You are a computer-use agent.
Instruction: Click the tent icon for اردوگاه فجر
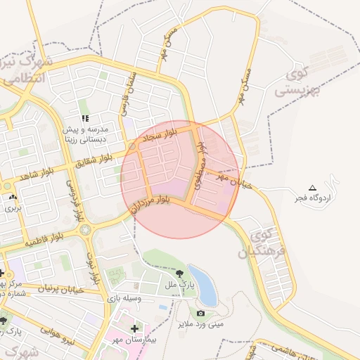[x=312, y=187]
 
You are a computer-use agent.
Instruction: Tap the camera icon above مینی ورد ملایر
[x=201, y=313]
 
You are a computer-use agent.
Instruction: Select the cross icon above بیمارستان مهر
[x=134, y=328]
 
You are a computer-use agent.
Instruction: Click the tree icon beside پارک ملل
[x=181, y=274]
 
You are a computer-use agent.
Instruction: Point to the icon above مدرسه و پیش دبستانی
[x=86, y=119]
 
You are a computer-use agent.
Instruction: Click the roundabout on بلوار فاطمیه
[x=85, y=229]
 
